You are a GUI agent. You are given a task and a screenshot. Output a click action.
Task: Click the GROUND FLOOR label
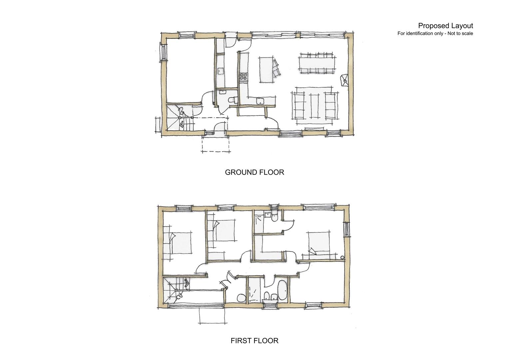click(x=254, y=172)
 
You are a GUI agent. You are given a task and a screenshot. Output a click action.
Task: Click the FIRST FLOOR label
click(x=254, y=341)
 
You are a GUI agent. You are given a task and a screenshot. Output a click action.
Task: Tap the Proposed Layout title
click(x=445, y=26)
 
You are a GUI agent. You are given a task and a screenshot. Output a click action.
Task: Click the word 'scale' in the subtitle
click(x=467, y=33)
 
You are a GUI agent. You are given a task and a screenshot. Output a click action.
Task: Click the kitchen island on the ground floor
click(x=266, y=70)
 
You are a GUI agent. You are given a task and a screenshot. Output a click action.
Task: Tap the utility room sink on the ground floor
click(x=221, y=71)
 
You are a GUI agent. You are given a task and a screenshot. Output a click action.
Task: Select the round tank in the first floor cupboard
click(x=241, y=297)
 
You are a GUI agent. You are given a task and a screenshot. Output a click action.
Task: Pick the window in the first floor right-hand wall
click(x=347, y=230)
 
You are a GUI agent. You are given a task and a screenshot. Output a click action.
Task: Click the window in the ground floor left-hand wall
click(x=163, y=52)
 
